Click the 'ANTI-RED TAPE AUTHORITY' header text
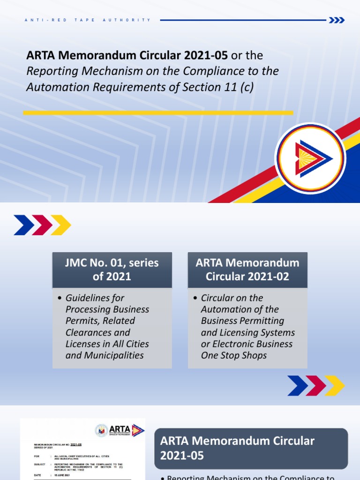(x=87, y=20)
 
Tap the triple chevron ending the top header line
(x=337, y=20)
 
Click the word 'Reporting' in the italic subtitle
(x=48, y=71)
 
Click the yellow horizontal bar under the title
(x=158, y=112)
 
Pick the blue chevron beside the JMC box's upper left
(x=23, y=225)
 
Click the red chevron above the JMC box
(x=42, y=225)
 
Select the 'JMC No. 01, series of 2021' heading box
(x=112, y=270)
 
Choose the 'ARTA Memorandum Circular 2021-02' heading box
(x=247, y=270)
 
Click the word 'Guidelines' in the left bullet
(x=88, y=298)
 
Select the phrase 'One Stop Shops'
(x=233, y=355)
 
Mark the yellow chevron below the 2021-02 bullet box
(x=335, y=385)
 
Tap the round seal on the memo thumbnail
(x=101, y=431)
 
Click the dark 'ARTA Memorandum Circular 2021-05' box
(x=251, y=448)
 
